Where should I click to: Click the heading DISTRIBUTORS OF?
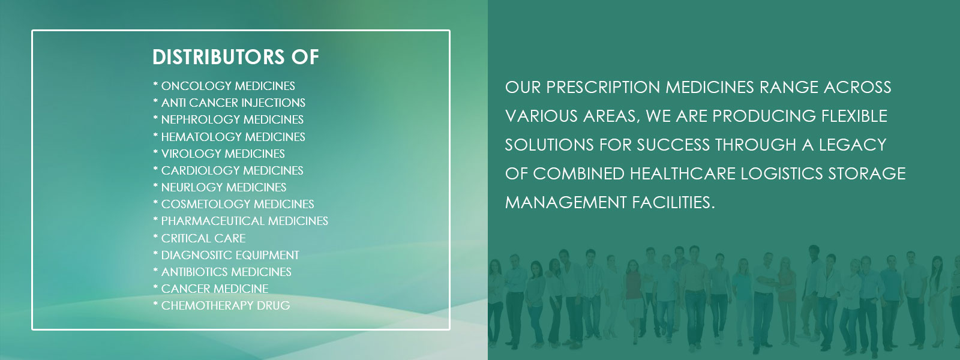(x=236, y=57)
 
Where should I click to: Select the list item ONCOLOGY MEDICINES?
(x=224, y=86)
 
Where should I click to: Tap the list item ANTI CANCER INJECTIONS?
(x=229, y=103)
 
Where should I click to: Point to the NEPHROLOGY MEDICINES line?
(x=229, y=119)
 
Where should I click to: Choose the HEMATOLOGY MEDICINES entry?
(x=229, y=137)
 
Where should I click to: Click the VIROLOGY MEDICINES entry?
(x=219, y=154)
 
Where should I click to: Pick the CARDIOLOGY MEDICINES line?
(x=229, y=170)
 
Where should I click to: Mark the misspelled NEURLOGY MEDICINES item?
(x=220, y=187)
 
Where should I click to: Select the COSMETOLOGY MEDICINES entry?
(x=233, y=204)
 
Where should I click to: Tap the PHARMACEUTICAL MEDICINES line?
(x=241, y=221)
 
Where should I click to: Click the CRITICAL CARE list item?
(x=199, y=238)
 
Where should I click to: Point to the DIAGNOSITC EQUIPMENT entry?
(x=226, y=255)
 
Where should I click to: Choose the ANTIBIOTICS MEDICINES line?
(x=223, y=272)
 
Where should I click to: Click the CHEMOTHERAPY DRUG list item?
(x=221, y=305)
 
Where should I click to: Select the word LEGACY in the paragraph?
(x=853, y=145)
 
